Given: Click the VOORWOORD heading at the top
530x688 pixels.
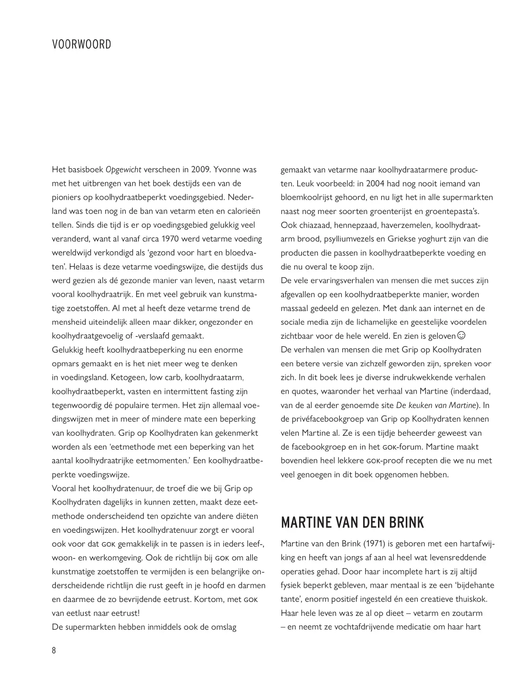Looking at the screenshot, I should click(81, 44).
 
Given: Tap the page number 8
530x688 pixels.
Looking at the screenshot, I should click(54, 650).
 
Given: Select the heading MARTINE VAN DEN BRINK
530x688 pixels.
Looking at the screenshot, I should click(352, 522).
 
